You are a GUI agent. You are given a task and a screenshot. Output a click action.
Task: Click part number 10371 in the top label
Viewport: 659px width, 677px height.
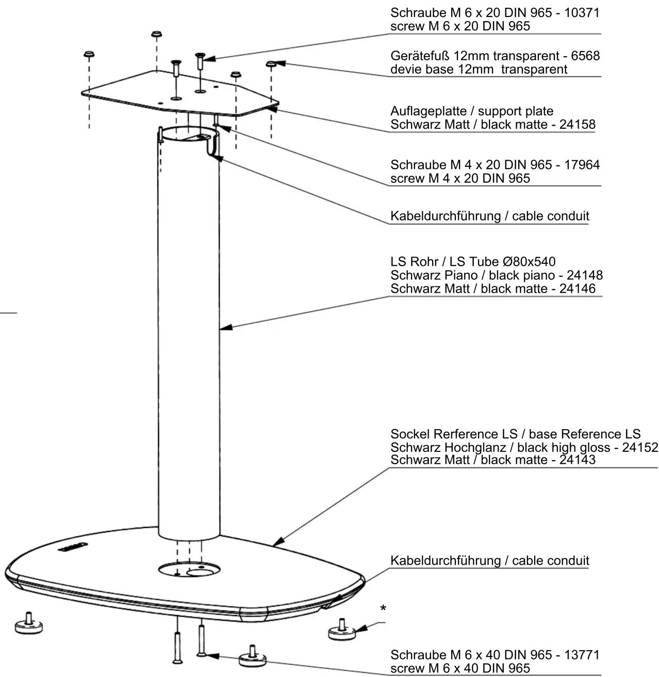(582, 13)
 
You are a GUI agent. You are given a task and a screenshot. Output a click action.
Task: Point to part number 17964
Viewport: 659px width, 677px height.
(582, 164)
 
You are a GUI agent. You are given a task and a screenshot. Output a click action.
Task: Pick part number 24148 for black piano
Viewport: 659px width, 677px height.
(585, 275)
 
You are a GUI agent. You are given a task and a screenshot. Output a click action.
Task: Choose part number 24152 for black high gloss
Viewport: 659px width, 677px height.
(640, 447)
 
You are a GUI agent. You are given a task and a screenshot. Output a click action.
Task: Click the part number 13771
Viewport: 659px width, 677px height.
(582, 655)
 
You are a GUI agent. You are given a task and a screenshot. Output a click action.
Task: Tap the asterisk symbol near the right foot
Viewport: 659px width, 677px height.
(383, 608)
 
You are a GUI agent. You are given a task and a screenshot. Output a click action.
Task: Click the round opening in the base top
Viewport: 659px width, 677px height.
(189, 569)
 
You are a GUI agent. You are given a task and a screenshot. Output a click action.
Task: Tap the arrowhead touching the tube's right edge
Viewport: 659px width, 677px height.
(225, 327)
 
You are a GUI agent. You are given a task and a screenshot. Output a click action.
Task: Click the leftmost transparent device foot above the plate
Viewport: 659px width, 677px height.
(89, 54)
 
